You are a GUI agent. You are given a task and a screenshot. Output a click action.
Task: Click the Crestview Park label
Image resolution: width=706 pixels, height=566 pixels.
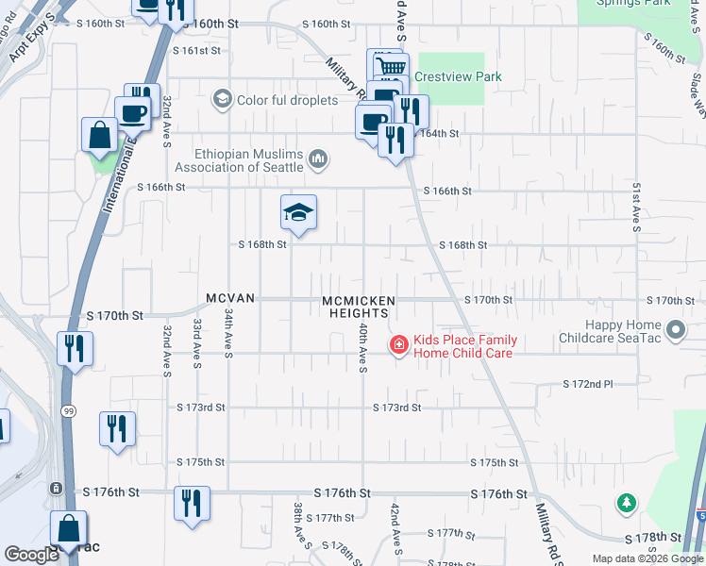tap(458, 76)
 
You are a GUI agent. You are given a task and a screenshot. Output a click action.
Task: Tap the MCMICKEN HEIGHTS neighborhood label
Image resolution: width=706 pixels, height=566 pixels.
tap(358, 307)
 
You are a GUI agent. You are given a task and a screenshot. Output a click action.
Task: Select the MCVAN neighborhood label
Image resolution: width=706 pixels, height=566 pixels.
tap(230, 298)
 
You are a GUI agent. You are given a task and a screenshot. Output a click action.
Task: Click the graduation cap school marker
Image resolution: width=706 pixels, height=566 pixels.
tap(298, 214)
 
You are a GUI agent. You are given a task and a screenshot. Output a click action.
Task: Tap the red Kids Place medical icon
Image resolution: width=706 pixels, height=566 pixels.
tap(399, 346)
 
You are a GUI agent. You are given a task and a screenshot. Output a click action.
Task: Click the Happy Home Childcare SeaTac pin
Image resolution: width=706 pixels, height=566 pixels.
tap(676, 330)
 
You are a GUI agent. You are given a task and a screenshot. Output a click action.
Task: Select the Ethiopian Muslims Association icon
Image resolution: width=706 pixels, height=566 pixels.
tap(318, 158)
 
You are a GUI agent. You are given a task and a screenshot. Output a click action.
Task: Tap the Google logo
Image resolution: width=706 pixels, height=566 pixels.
tap(31, 555)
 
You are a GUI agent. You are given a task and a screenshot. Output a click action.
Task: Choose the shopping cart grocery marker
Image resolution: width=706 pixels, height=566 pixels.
tap(387, 65)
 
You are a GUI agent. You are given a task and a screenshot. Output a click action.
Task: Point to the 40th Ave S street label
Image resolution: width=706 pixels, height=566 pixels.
tap(362, 346)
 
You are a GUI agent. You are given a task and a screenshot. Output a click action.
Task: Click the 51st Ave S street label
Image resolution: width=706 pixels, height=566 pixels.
tap(637, 206)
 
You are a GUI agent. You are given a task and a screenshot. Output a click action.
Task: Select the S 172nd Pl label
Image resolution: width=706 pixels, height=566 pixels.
tap(588, 385)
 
